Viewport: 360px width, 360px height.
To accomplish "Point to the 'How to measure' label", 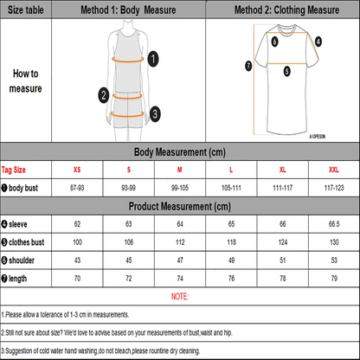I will (25, 80).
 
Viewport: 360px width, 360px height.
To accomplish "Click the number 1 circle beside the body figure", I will (153, 59).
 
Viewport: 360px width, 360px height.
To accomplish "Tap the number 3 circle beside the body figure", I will (154, 112).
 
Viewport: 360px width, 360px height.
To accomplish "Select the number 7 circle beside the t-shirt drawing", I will (248, 65).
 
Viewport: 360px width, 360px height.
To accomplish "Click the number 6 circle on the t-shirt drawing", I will (274, 40).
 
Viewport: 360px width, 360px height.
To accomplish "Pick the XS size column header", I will (78, 170).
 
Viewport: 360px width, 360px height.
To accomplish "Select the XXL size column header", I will (332, 170).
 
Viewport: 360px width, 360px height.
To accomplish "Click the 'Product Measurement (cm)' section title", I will (179, 207).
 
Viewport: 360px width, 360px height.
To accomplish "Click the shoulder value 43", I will (78, 260).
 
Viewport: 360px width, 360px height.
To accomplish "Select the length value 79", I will (332, 278).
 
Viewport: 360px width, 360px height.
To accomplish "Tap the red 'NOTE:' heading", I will (179, 296).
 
